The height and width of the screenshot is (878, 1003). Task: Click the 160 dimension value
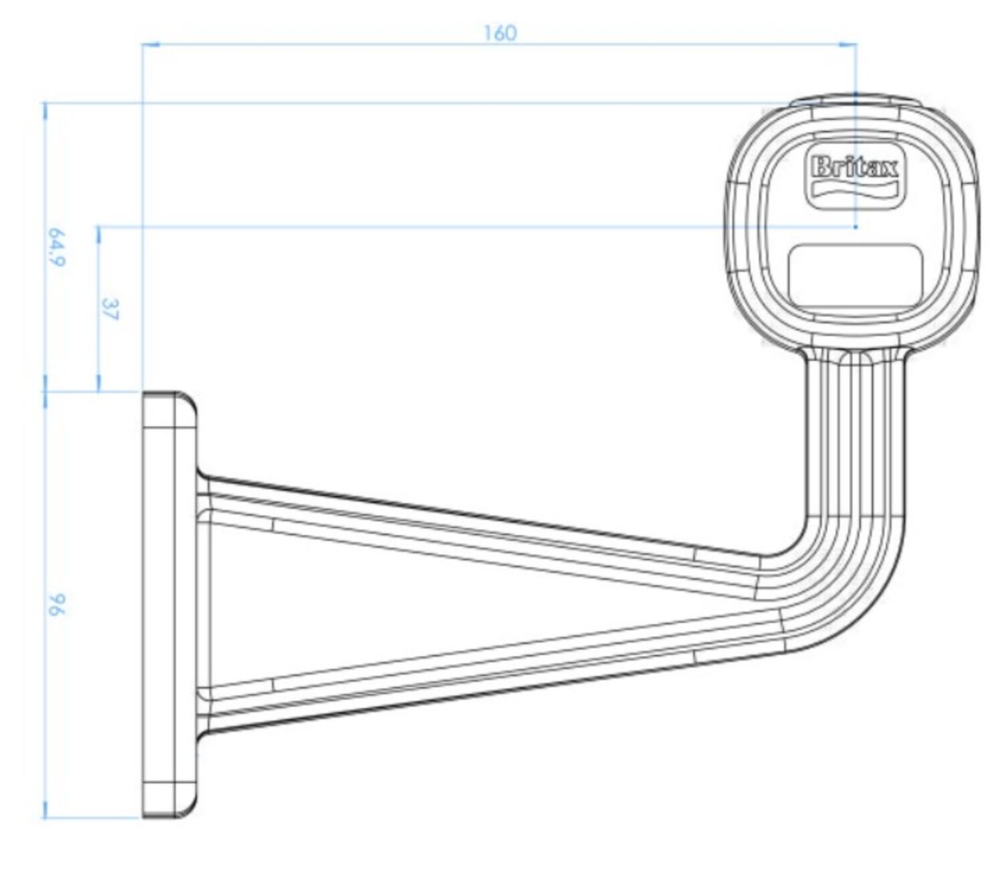500,33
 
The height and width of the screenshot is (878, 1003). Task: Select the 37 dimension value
110,309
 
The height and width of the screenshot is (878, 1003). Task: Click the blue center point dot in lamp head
856,227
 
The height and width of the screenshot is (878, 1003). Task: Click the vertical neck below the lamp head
856,434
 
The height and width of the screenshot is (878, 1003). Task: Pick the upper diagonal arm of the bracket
468,528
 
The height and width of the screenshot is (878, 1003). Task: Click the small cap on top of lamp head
856,100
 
